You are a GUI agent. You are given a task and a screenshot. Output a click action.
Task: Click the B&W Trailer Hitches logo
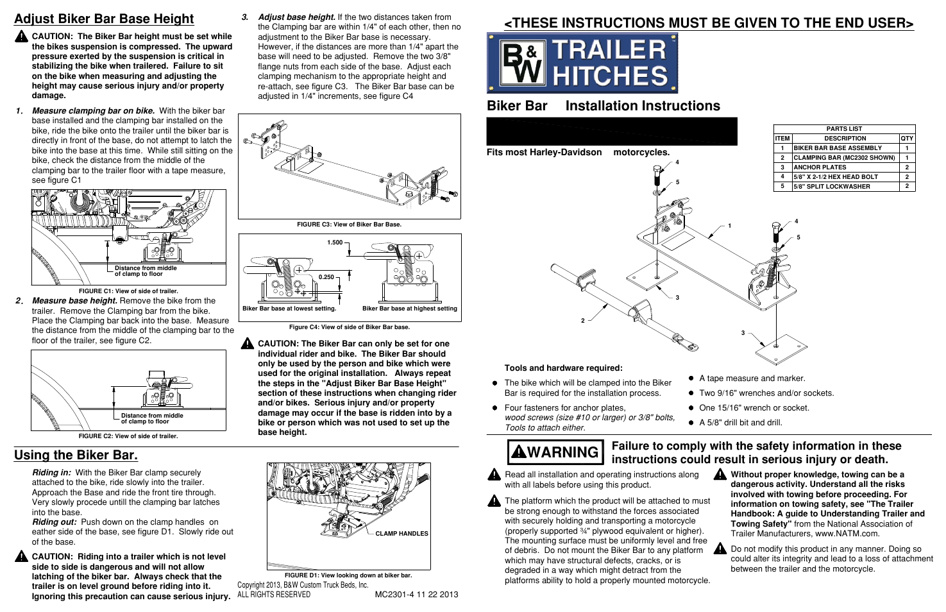pos(582,63)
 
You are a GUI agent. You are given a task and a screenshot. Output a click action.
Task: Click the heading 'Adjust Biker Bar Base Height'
pos(104,19)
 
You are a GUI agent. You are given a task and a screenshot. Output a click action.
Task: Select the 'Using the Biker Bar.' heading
pos(76,455)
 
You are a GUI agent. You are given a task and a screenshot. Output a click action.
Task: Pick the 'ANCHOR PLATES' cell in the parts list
pos(820,167)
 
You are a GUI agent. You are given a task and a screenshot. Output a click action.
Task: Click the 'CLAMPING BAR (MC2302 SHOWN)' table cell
pos(844,158)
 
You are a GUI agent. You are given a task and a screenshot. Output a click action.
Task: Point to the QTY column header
pos(907,139)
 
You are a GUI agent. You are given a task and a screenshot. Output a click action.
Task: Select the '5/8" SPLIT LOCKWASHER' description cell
pos(832,187)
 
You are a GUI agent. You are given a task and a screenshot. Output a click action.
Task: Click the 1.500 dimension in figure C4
pos(335,242)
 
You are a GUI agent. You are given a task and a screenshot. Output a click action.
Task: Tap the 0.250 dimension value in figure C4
pos(326,277)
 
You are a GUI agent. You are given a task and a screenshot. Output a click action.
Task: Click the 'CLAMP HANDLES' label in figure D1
pos(401,534)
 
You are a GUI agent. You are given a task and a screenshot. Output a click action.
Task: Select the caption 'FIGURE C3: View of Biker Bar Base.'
pos(350,225)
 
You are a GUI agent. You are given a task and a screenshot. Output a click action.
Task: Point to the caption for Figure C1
pos(128,291)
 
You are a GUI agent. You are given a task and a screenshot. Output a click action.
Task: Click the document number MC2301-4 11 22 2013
pos(416,595)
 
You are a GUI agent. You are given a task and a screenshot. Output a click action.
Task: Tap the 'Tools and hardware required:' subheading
pos(563,368)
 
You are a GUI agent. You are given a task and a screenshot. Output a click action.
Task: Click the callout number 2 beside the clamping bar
pos(583,321)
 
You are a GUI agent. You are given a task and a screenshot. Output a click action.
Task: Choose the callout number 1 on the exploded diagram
pos(729,226)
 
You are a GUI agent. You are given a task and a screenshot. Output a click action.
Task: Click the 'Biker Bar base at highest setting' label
pos(410,309)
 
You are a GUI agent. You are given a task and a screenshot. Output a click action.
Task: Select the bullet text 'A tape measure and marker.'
pos(752,378)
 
